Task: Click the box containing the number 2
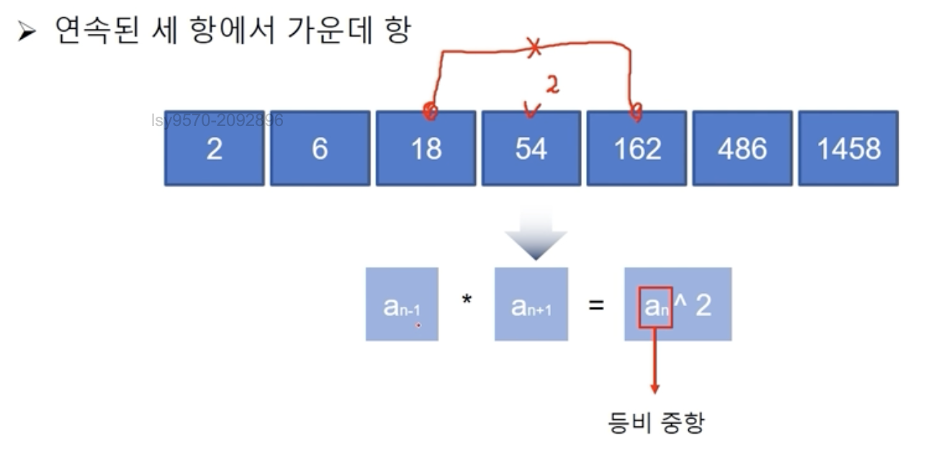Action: click(x=215, y=148)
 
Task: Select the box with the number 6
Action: click(x=320, y=148)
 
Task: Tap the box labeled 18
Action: click(x=426, y=148)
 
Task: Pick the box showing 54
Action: click(x=531, y=148)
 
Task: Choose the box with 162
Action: click(x=637, y=148)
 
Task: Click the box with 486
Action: click(x=742, y=148)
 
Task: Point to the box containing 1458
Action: click(x=848, y=148)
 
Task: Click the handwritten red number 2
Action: click(x=552, y=86)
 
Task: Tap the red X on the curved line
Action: click(x=534, y=49)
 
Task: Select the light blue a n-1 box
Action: click(x=402, y=305)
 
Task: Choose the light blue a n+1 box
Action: click(x=531, y=305)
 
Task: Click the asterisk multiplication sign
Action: click(x=467, y=299)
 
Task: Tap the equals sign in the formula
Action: click(x=595, y=305)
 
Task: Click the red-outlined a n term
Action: click(x=655, y=308)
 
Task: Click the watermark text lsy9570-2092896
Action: click(x=217, y=120)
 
